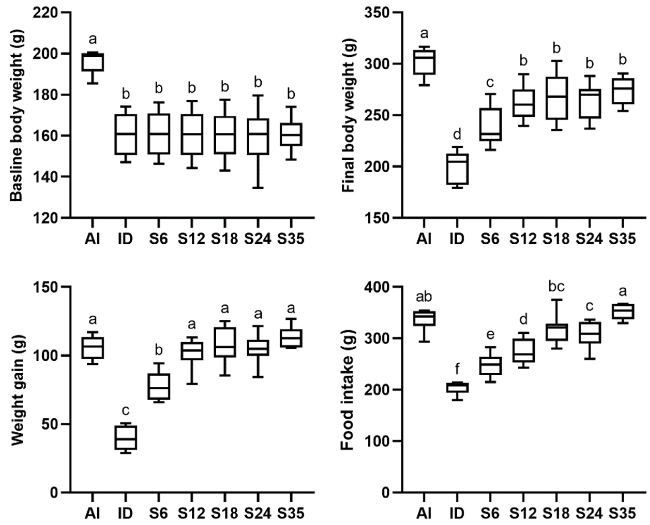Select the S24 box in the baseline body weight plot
pos(258,137)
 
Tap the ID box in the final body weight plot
pos(457,169)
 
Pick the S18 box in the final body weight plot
pos(556,98)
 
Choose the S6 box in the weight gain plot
pos(159,386)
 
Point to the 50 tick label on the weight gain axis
pos(50,424)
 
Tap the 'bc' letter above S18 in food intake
pos(556,287)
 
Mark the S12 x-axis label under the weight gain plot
pos(191,513)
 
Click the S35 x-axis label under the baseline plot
pos(291,239)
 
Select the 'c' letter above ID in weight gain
pos(125,410)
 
